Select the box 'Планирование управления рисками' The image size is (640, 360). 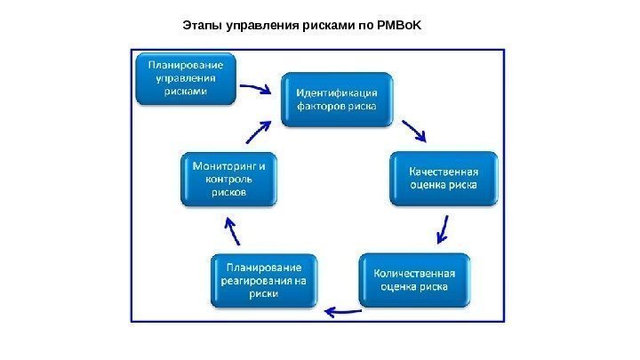pos(185,77)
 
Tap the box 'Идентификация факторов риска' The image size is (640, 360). pos(336,99)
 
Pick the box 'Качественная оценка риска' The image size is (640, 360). pos(443,179)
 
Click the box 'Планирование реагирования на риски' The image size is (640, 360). pos(262,280)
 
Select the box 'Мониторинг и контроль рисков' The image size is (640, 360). pos(228,180)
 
